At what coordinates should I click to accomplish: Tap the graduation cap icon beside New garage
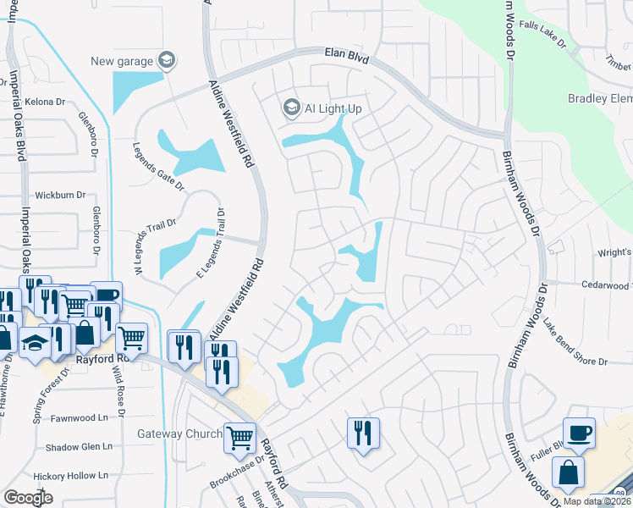167,59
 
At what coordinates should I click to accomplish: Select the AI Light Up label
333,108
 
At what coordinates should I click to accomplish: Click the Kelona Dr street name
40,102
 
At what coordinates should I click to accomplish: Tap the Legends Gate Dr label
158,167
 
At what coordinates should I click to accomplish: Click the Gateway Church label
179,435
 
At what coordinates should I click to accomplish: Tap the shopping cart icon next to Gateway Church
240,437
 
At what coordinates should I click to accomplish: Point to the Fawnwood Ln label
80,417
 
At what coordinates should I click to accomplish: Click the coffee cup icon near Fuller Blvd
579,433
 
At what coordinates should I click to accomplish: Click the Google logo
29,498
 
